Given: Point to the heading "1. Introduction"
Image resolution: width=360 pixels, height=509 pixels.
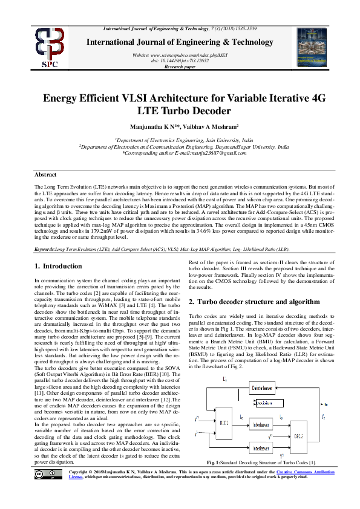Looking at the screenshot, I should (58, 266).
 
